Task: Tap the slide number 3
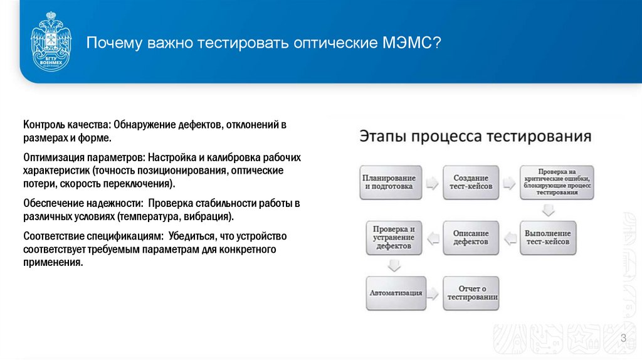click(x=623, y=339)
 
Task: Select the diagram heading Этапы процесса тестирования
click(x=475, y=137)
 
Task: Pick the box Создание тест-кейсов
click(x=470, y=182)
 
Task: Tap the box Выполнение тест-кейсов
click(x=547, y=237)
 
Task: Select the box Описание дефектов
click(x=470, y=237)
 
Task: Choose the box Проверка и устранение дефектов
click(x=393, y=237)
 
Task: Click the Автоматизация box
click(x=395, y=293)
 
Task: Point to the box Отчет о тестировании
click(x=471, y=293)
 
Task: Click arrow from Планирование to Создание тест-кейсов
click(x=431, y=184)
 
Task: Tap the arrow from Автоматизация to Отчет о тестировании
click(x=433, y=294)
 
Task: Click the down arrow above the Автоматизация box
click(x=393, y=265)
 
